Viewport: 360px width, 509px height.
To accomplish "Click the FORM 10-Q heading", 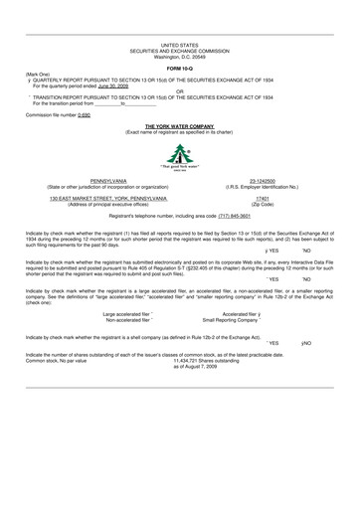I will pos(180,67).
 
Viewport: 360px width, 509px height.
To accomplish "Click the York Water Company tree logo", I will pos(180,155).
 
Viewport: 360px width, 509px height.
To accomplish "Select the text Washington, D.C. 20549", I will pos(180,56).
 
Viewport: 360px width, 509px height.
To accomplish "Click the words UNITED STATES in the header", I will pos(180,46).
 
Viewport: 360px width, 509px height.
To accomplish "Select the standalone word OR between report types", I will pos(180,92).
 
